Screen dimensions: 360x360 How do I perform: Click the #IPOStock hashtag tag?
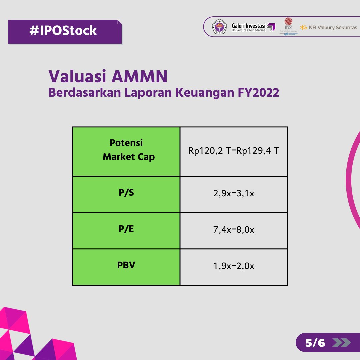[63, 31]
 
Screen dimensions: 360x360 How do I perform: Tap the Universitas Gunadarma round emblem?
[219, 27]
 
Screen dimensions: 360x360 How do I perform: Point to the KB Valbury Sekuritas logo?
[328, 27]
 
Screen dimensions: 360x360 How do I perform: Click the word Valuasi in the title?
[77, 77]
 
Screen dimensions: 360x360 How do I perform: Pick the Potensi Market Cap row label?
[129, 150]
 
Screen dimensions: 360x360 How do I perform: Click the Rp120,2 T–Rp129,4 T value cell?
[234, 151]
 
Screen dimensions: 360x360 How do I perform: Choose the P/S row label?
[126, 193]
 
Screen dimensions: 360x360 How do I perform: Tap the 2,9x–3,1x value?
[234, 193]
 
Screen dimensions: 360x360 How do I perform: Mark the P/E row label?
[126, 229]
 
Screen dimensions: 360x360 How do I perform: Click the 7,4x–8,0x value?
[234, 230]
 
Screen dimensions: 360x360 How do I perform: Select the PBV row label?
[126, 266]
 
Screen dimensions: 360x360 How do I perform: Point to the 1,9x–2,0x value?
[234, 266]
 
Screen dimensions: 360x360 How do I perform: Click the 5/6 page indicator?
[315, 343]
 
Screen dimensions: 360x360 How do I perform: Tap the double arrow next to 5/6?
[341, 343]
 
